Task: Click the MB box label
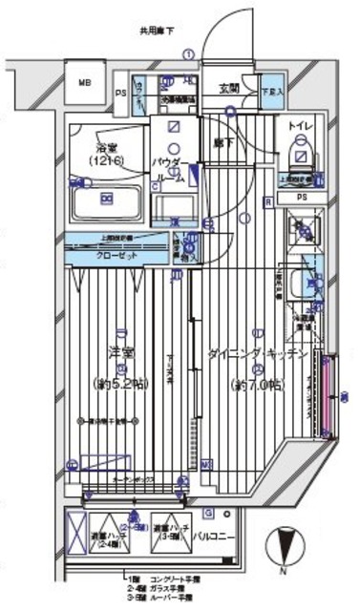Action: (x=84, y=81)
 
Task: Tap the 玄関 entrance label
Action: (x=228, y=89)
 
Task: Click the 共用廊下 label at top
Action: (x=159, y=31)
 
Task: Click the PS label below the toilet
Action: (x=302, y=198)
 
